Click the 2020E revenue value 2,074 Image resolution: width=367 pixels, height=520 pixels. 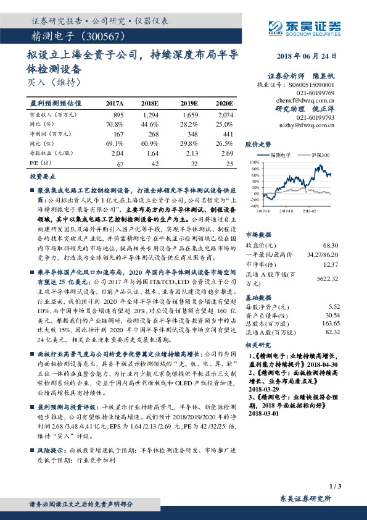[225, 115]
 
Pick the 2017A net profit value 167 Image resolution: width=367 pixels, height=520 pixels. [117, 133]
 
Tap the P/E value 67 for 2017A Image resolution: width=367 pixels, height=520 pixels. [120, 163]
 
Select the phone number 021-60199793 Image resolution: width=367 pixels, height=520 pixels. [315, 117]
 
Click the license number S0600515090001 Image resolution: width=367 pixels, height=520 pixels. [311, 85]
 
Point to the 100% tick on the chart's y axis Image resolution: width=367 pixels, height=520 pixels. [255, 161]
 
